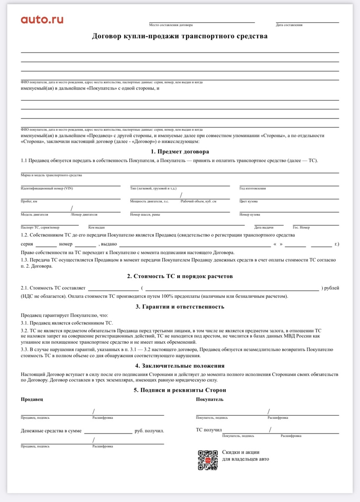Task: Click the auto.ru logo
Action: point(42,19)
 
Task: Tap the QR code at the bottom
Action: point(207,460)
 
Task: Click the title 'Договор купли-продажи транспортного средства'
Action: point(180,36)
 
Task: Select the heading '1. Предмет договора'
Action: point(180,151)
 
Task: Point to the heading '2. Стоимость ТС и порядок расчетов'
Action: point(180,276)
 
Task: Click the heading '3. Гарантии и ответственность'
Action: point(180,307)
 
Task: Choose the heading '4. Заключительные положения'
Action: point(180,366)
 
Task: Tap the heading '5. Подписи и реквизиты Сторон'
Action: point(180,390)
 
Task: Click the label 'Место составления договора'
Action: point(169,25)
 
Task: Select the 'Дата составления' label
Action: point(289,25)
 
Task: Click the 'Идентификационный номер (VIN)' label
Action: point(47,188)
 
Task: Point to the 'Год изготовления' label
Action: point(253,188)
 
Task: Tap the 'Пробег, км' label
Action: point(29,201)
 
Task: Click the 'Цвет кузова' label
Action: point(248,201)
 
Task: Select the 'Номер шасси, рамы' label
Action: point(145,215)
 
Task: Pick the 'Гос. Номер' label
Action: point(301,227)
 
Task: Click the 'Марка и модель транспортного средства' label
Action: point(51,175)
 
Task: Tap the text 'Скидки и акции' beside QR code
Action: point(241,452)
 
